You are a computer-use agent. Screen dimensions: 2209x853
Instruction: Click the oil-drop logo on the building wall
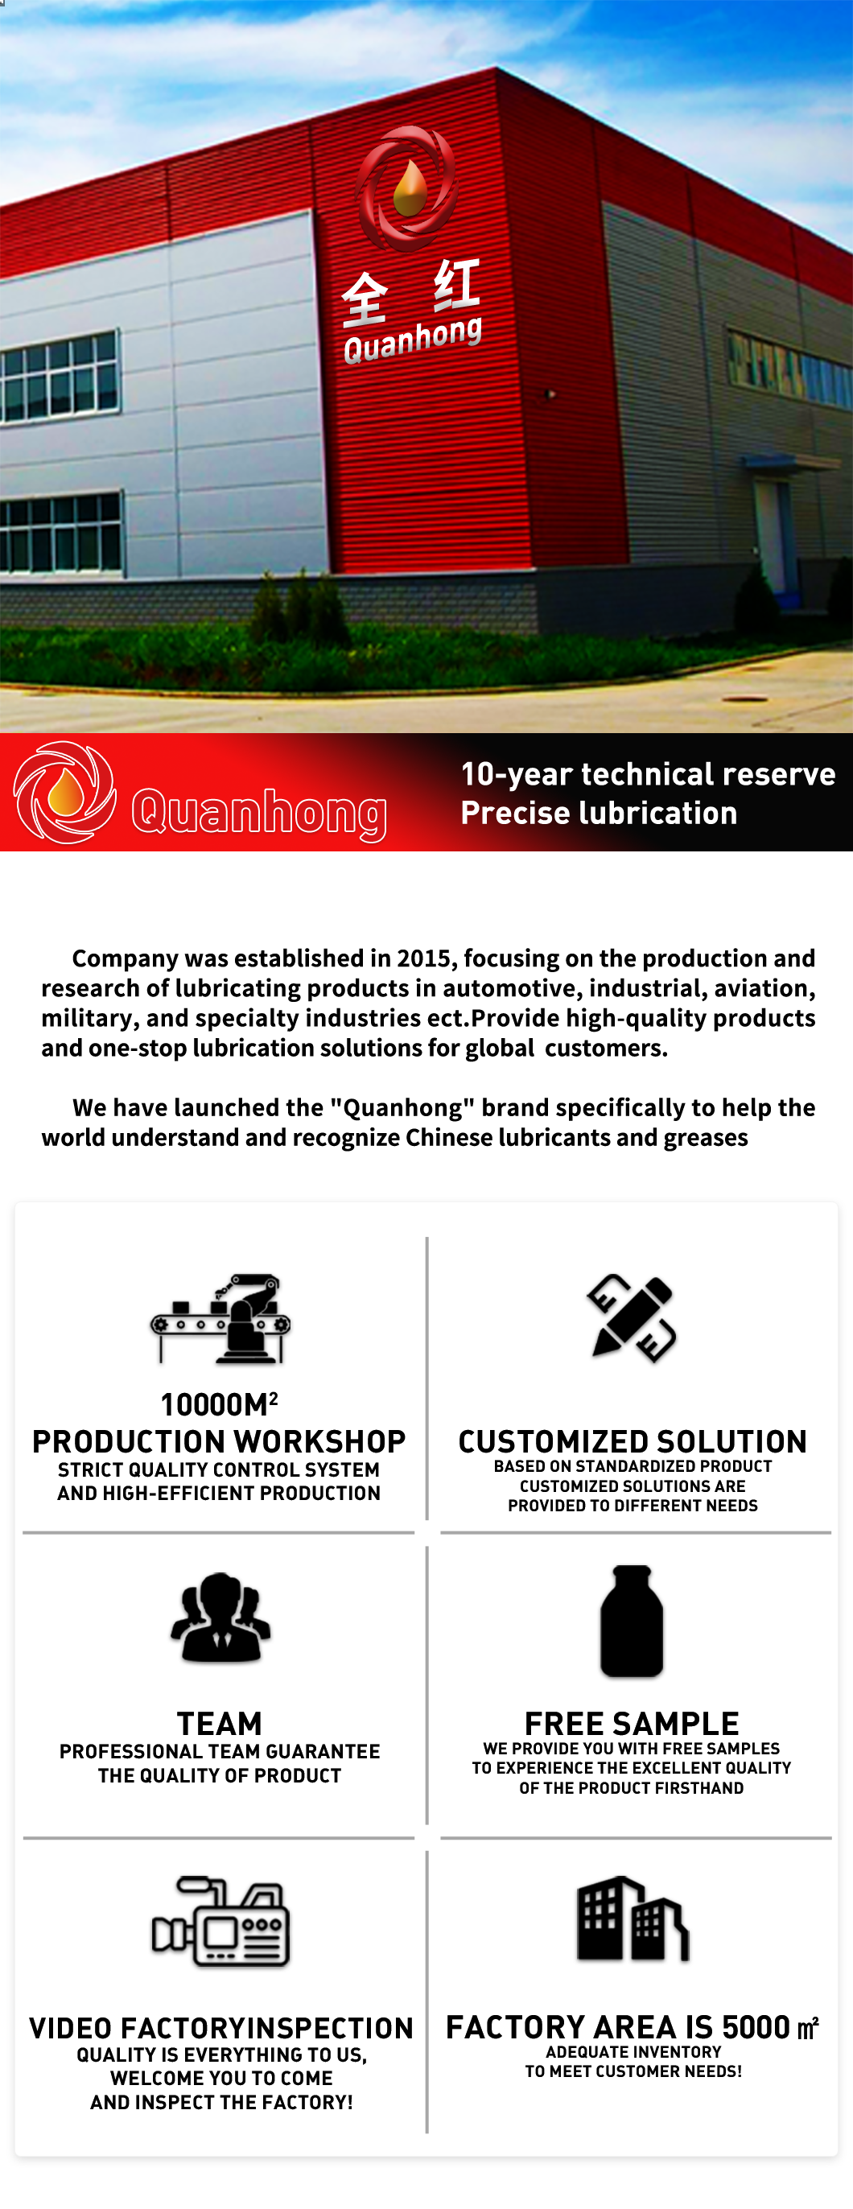pos(406,188)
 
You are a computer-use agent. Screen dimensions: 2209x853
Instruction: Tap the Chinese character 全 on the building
pos(365,299)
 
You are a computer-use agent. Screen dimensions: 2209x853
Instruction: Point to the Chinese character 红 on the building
pos(455,285)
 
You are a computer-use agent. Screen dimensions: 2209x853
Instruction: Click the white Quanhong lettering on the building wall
pos(412,339)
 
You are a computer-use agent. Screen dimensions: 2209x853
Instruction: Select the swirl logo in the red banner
pos(65,792)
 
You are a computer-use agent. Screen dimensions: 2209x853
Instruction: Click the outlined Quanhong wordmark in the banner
pos(259,812)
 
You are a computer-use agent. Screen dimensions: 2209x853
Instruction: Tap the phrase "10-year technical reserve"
pos(647,773)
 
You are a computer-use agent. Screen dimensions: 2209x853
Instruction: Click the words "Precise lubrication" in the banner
pos(599,813)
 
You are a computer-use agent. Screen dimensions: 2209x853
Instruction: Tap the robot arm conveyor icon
pos(220,1319)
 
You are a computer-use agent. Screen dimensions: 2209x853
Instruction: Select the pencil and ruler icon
pos(632,1318)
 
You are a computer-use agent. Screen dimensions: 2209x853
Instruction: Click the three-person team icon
pos(220,1618)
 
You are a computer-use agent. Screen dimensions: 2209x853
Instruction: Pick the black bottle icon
pos(632,1621)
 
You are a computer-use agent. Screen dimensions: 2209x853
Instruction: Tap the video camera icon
pos(220,1921)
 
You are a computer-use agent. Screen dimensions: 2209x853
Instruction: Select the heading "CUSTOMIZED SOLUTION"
pos(633,1441)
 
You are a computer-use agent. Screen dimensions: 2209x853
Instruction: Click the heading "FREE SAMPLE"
pos(632,1724)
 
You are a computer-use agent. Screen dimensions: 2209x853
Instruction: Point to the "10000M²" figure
pos(220,1404)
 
